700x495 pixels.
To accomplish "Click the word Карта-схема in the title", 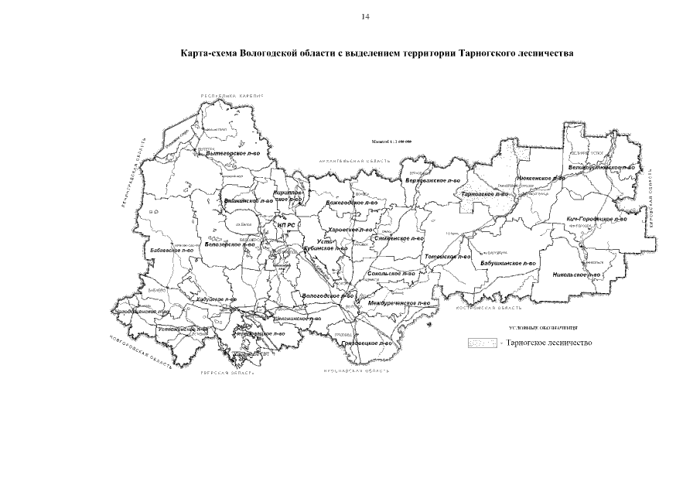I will pyautogui.click(x=205, y=55).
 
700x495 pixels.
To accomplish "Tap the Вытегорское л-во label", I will pyautogui.click(x=231, y=153).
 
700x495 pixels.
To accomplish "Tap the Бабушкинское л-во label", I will pyautogui.click(x=508, y=263).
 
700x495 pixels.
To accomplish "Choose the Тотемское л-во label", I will pyautogui.click(x=448, y=256).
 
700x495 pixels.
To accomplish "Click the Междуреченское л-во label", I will pyautogui.click(x=400, y=303).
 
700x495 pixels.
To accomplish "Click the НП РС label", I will pyautogui.click(x=286, y=226).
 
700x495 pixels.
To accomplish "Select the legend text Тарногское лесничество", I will pyautogui.click(x=548, y=342).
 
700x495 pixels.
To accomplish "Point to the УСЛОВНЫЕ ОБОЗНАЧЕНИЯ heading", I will pyautogui.click(x=545, y=328).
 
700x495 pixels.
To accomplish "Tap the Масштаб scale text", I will pyautogui.click(x=391, y=143).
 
